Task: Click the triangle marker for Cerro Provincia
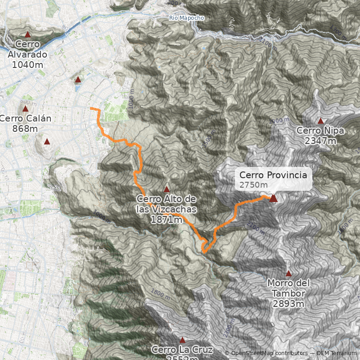pyautogui.click(x=273, y=198)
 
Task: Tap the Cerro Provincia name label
pyautogui.click(x=273, y=175)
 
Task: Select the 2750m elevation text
pyautogui.click(x=253, y=185)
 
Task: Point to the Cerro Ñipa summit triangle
pyautogui.click(x=320, y=121)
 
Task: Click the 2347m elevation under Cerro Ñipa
pyautogui.click(x=320, y=141)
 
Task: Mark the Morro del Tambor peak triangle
pyautogui.click(x=288, y=274)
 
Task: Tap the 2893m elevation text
pyautogui.click(x=288, y=304)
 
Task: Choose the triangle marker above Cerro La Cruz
pyautogui.click(x=182, y=340)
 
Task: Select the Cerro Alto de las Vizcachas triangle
pyautogui.click(x=166, y=189)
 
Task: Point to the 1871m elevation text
pyautogui.click(x=166, y=220)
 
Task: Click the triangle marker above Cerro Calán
pyautogui.click(x=25, y=109)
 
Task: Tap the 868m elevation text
pyautogui.click(x=25, y=129)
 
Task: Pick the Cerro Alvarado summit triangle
pyautogui.click(x=27, y=34)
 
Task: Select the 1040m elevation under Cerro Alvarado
pyautogui.click(x=27, y=64)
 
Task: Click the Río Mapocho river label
pyautogui.click(x=186, y=18)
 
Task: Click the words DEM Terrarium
pyautogui.click(x=336, y=353)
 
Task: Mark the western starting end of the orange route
pyautogui.click(x=91, y=108)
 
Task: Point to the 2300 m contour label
pyautogui.click(x=228, y=330)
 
